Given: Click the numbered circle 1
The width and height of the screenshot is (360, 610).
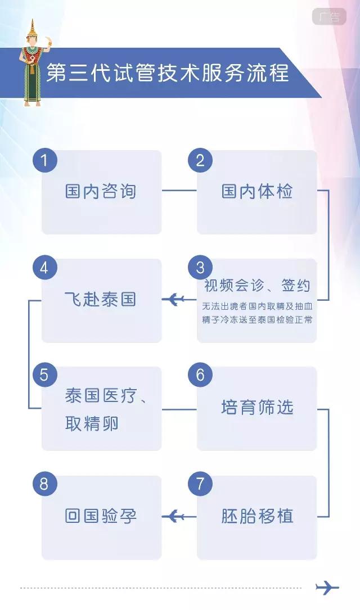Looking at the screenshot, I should [44, 161].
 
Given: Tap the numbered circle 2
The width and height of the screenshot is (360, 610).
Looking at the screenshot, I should [200, 161].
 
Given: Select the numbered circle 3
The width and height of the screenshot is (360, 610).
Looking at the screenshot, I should [200, 268].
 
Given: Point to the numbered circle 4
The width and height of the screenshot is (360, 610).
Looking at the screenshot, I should [44, 268].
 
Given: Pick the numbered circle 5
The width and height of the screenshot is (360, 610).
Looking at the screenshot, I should [44, 375].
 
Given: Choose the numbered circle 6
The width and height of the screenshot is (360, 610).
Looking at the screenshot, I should [200, 375].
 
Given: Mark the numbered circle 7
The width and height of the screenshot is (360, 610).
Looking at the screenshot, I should [200, 484].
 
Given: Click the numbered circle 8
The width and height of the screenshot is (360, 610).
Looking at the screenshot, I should [44, 484].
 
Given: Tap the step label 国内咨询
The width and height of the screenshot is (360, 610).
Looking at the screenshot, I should [101, 192].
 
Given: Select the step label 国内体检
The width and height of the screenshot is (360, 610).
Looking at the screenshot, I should [257, 192].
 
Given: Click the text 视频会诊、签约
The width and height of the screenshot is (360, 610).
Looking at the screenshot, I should [257, 285].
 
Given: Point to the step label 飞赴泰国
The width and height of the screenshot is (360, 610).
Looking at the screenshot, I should [101, 299].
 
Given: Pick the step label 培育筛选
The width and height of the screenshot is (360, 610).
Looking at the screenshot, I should [257, 408].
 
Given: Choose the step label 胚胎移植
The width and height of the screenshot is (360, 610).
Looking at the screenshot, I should [257, 516].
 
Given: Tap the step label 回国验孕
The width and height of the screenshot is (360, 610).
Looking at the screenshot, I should [101, 516].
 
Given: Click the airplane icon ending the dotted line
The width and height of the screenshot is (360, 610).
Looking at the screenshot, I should [327, 588].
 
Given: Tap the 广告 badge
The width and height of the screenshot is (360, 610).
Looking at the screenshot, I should [329, 17].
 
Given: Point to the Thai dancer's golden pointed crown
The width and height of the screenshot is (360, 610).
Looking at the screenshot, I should [33, 28].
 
